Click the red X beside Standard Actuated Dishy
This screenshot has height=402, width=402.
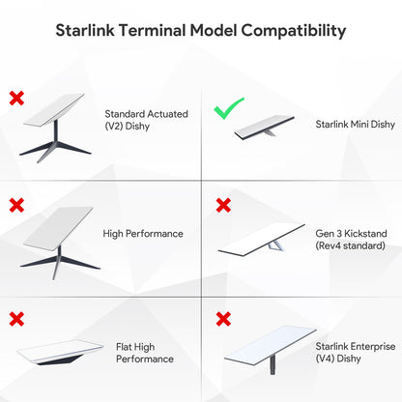coord(16,98)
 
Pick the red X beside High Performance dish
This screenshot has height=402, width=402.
coord(16,205)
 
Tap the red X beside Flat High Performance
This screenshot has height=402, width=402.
coord(16,318)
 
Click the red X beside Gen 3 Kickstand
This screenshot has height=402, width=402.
coord(223,205)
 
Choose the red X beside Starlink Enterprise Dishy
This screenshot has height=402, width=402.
coord(223,318)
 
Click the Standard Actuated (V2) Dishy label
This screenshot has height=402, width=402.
coord(146,120)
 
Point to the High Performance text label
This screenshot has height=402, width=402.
coord(143,233)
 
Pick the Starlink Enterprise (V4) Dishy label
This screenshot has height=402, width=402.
coord(348,352)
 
